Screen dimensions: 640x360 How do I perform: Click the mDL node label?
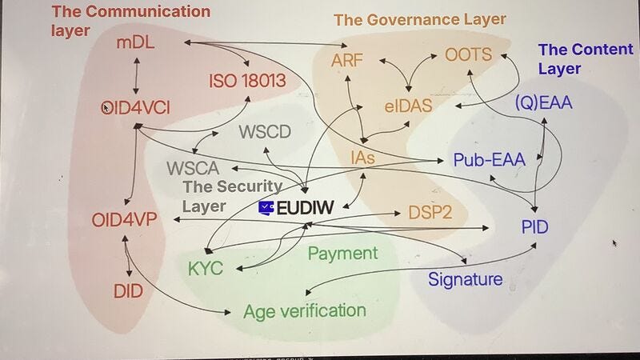click(x=135, y=43)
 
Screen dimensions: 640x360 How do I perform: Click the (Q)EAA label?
click(x=544, y=103)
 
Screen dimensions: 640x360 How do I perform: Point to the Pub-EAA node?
click(x=489, y=159)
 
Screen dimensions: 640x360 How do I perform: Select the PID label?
click(x=533, y=226)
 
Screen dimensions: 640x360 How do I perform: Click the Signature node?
click(x=465, y=278)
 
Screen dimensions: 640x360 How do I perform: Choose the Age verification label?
click(x=304, y=310)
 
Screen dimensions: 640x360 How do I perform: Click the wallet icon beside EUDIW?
click(x=266, y=207)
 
